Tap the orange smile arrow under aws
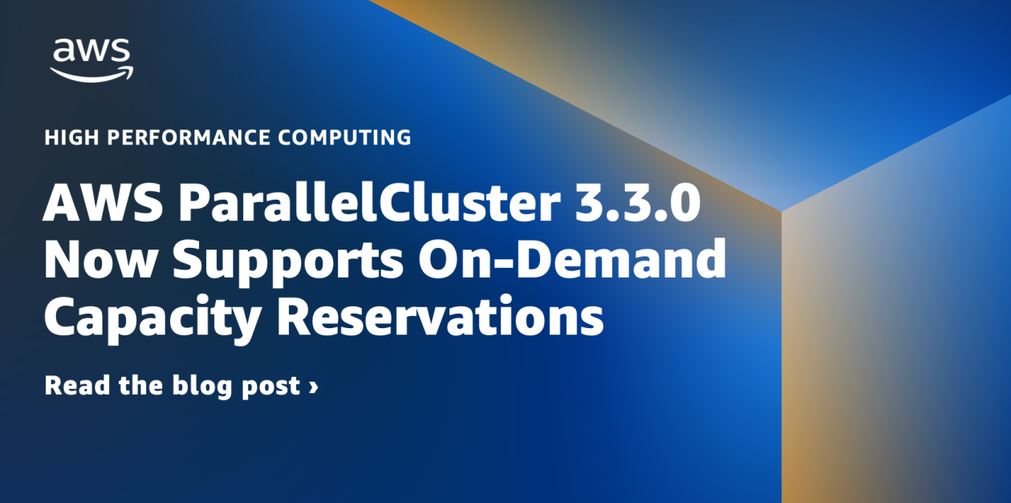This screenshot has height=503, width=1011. (91, 74)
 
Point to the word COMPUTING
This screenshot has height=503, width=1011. (344, 137)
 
